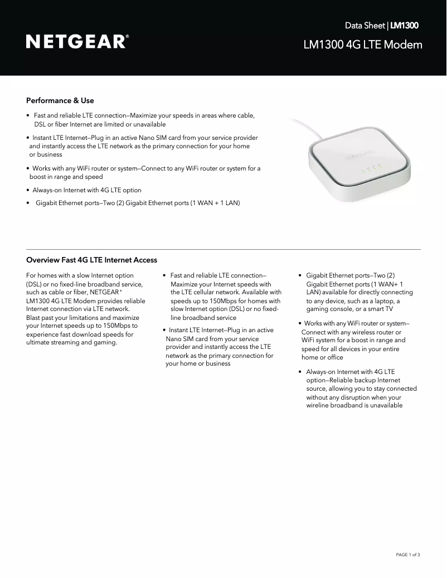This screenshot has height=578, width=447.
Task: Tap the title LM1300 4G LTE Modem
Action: click(362, 45)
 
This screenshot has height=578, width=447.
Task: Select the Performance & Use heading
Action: click(60, 101)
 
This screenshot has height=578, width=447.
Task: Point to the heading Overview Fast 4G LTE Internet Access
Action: click(91, 260)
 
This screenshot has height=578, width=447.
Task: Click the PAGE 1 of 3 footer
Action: click(407, 555)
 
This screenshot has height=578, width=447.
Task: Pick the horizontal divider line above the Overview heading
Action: click(223, 249)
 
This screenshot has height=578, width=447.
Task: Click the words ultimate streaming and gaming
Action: click(71, 342)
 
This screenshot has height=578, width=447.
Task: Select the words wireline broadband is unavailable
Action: click(354, 406)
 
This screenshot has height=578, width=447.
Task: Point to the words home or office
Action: click(322, 357)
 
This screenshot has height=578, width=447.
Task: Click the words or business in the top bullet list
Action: click(46, 154)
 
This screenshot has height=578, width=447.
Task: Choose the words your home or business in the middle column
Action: click(198, 363)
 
